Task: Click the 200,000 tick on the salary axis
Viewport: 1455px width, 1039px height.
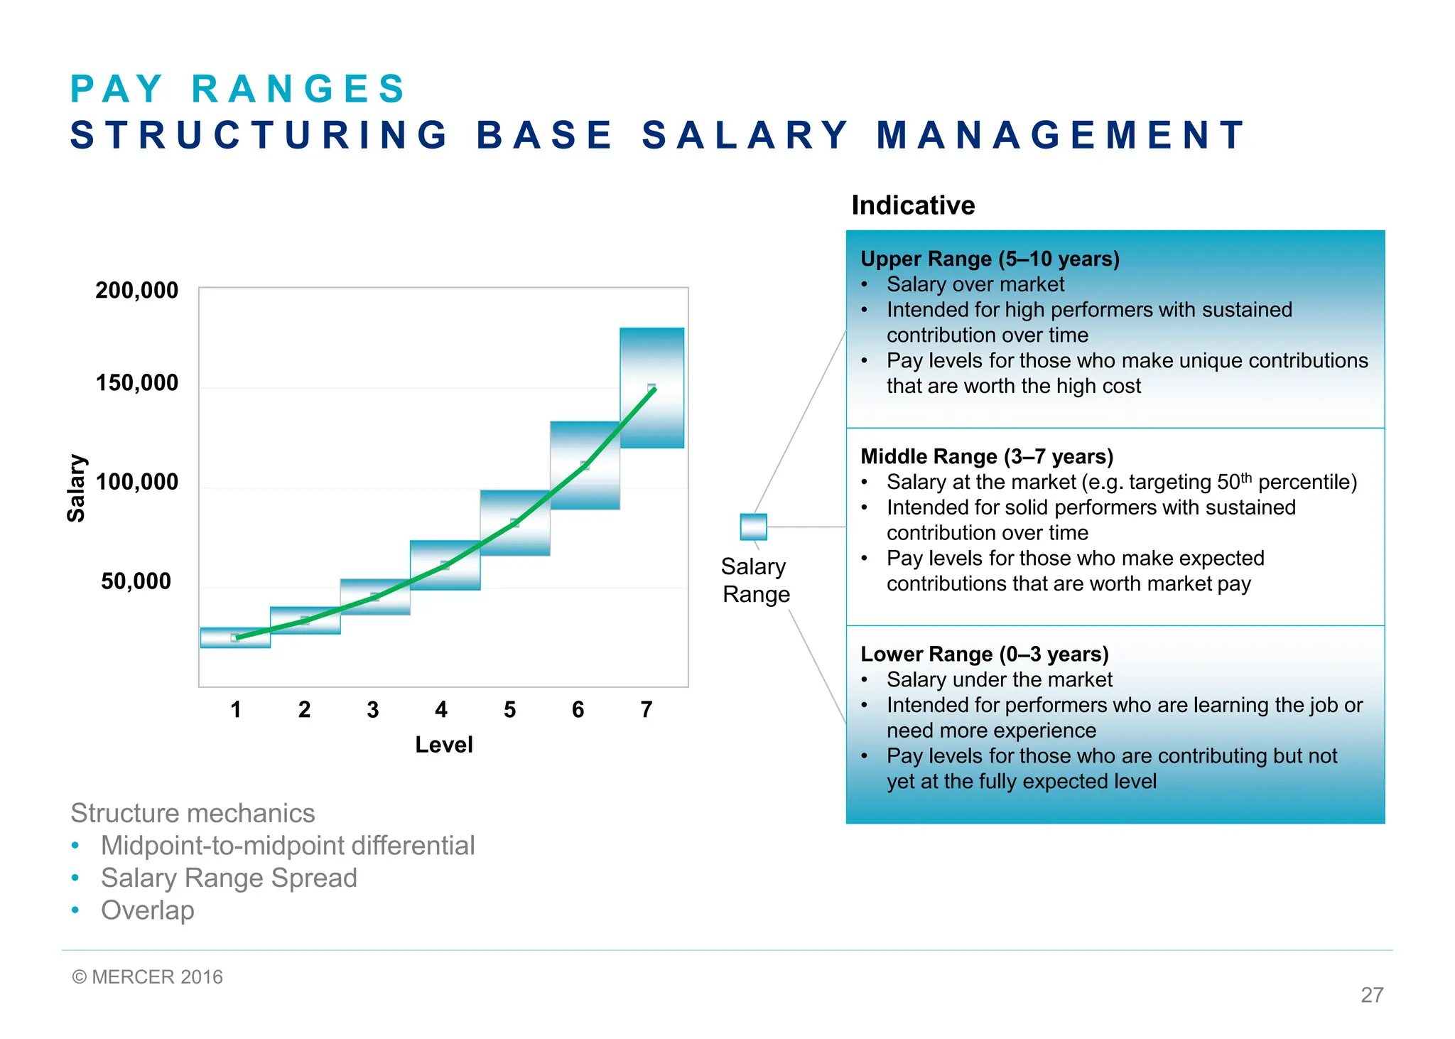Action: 136,290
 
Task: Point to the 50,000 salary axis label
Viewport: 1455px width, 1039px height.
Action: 136,581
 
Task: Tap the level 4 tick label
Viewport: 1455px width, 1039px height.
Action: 441,709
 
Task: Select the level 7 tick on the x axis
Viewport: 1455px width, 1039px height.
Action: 646,709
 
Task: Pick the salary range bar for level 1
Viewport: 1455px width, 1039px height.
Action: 235,638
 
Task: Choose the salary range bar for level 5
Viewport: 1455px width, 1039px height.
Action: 515,522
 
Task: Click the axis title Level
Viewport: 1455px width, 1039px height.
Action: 443,745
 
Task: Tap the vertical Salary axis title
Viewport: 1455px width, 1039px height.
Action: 76,488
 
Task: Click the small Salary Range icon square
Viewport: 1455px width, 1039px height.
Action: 753,527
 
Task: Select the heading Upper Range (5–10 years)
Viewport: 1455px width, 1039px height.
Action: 990,259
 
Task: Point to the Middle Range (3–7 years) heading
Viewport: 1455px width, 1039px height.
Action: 986,456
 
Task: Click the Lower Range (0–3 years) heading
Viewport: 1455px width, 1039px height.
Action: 984,654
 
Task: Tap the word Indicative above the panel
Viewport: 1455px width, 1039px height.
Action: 913,205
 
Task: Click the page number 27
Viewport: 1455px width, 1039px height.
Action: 1371,995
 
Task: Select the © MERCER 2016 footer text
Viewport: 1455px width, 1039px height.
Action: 147,977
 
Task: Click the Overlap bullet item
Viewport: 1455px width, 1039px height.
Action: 147,910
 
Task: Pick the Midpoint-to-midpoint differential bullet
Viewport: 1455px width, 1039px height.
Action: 287,846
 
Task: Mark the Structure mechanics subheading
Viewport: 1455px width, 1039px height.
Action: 193,813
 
